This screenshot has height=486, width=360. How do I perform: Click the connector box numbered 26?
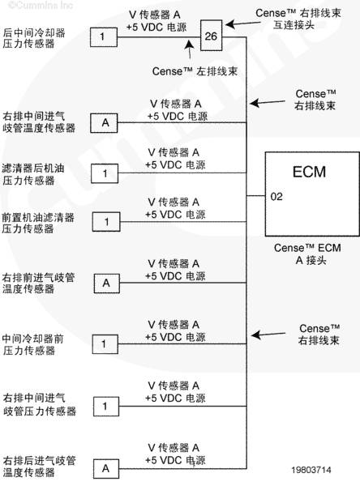click(212, 36)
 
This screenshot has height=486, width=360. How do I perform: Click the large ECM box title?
click(310, 172)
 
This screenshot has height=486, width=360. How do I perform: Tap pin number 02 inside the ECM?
click(276, 197)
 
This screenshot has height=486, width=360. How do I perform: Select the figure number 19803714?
click(311, 470)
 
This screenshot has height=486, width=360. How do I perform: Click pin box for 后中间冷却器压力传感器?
click(104, 37)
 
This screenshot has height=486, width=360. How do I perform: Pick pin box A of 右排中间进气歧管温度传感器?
click(104, 123)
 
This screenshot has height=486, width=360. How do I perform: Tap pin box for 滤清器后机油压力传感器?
click(105, 173)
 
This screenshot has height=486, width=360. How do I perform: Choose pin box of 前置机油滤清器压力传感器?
click(106, 222)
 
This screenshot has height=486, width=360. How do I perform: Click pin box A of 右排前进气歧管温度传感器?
click(107, 283)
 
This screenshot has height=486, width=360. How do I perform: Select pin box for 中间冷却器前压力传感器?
click(105, 344)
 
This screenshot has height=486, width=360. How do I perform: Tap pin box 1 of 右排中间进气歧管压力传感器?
click(106, 407)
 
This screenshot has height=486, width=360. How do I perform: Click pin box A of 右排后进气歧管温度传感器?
click(106, 469)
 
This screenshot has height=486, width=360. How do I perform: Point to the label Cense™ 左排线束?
click(195, 71)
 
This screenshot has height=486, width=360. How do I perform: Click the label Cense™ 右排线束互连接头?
click(298, 19)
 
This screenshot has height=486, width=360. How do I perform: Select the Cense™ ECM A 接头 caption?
click(307, 254)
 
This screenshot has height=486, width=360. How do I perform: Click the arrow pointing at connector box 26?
click(242, 23)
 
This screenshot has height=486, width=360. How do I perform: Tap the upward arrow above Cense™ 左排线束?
click(190, 49)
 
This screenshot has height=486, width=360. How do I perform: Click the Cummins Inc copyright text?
click(41, 6)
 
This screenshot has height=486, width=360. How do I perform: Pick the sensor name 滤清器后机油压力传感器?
click(33, 174)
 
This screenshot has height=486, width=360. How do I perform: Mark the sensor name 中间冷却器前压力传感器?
click(33, 344)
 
